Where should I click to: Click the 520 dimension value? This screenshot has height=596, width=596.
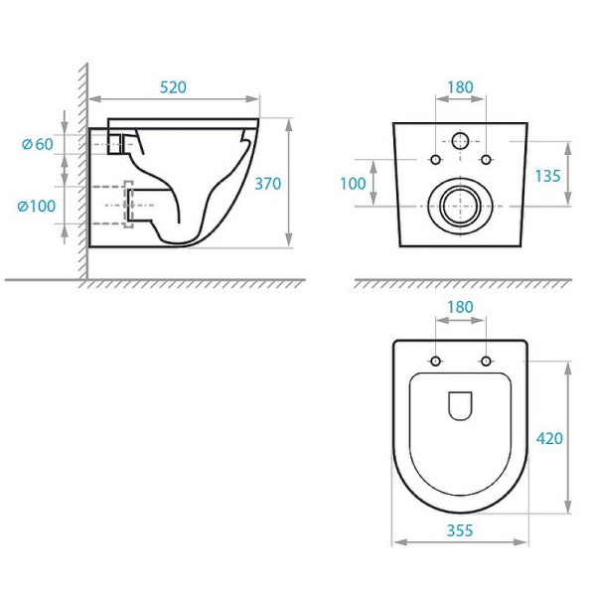pyautogui.click(x=173, y=87)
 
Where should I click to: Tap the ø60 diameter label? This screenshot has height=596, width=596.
pyautogui.click(x=39, y=144)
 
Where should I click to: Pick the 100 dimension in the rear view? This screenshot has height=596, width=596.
pyautogui.click(x=353, y=183)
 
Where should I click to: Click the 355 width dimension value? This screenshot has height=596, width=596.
pyautogui.click(x=460, y=530)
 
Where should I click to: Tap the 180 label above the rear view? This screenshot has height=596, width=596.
pyautogui.click(x=460, y=87)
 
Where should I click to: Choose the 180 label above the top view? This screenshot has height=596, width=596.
pyautogui.click(x=460, y=308)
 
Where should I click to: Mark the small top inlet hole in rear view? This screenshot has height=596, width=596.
pyautogui.click(x=460, y=140)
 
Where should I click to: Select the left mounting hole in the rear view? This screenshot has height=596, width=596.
pyautogui.click(x=435, y=161)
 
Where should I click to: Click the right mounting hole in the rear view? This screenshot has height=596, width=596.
pyautogui.click(x=485, y=161)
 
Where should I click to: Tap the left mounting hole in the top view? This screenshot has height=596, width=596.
pyautogui.click(x=435, y=360)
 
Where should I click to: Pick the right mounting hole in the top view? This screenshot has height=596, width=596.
pyautogui.click(x=485, y=360)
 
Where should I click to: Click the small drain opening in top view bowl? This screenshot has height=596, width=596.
pyautogui.click(x=460, y=406)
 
